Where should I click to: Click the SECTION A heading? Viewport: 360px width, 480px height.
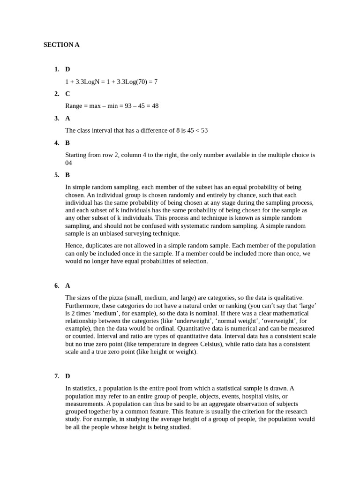tap(61, 45)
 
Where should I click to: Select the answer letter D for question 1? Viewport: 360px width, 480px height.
tap(67, 69)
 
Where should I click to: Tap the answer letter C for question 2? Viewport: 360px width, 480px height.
tap(67, 94)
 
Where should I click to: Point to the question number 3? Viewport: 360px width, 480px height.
tap(56, 118)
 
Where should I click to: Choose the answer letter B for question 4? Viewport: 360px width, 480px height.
tap(67, 142)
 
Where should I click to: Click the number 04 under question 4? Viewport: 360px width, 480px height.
tap(69, 163)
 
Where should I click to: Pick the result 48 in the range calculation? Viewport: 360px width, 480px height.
tap(155, 106)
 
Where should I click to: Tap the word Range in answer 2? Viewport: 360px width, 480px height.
tap(75, 106)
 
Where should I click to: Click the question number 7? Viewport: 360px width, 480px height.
tap(56, 376)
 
